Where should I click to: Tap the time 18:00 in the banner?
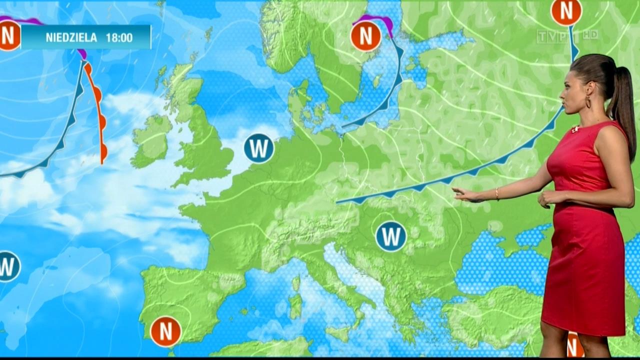119,37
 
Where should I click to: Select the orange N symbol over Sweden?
365,36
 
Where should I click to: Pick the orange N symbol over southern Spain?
165,331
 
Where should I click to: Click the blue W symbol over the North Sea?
258,148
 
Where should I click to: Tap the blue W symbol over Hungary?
390,235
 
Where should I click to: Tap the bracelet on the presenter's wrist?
497,193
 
